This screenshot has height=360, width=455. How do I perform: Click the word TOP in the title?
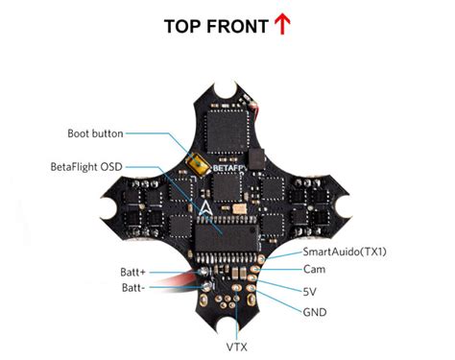tap(185, 26)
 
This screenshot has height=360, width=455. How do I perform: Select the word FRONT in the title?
tap(238, 26)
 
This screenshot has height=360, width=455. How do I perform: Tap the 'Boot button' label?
tap(95, 133)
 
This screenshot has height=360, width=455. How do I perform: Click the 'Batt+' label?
tap(134, 273)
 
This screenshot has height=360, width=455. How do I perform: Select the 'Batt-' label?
tap(134, 288)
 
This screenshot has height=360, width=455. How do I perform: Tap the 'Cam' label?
tap(313, 271)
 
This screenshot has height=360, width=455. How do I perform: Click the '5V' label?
tap(310, 291)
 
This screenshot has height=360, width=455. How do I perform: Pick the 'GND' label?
tap(314, 311)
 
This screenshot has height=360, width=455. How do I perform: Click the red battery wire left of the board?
tap(184, 280)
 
